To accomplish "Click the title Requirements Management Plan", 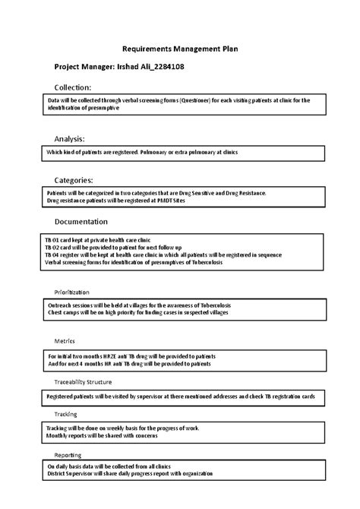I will [180, 48].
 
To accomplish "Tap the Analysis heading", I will [69, 139].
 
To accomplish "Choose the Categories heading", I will [74, 180].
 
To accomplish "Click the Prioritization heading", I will [71, 292].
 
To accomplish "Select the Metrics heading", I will [64, 341].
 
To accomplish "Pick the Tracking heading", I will [65, 414].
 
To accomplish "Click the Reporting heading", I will [68, 454].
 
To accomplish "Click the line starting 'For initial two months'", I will [131, 356].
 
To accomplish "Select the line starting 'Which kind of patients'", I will [142, 152].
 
